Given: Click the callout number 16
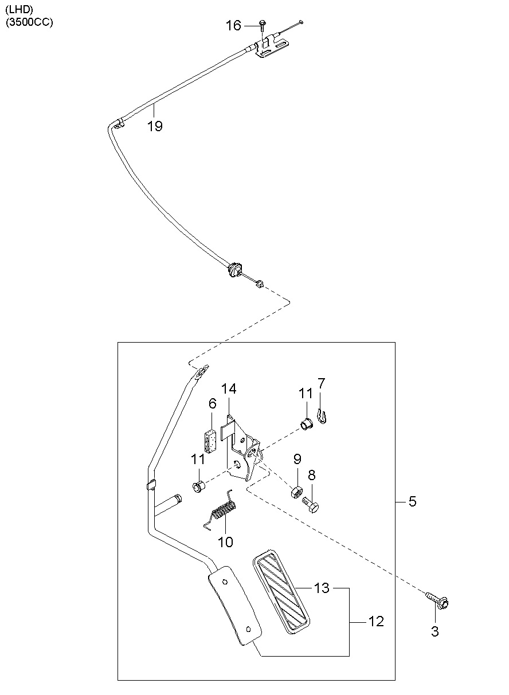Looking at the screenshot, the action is pos(233,25).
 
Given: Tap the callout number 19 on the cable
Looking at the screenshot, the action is pos(155,126).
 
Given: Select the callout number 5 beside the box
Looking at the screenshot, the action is pos(412,501).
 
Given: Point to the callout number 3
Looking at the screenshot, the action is pos(435,631).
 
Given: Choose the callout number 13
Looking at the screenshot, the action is pos(322,587).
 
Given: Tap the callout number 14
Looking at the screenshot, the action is pos(229,388).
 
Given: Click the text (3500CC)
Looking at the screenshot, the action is pos(29,22).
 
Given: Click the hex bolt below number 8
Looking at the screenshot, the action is pos(311,505).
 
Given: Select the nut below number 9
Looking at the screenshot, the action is pos(296,492).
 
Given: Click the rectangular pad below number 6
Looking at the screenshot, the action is pos(211,441).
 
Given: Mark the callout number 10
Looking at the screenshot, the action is pos(225,542).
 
